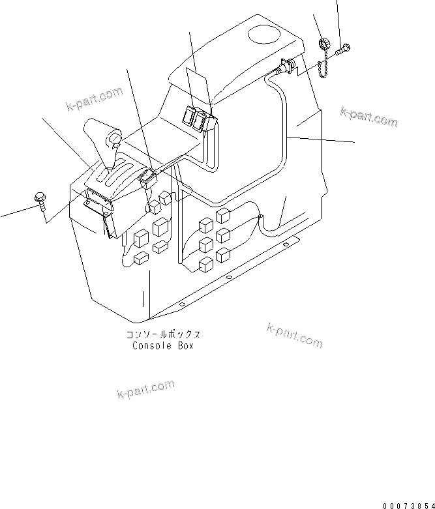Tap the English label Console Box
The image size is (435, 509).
(163, 346)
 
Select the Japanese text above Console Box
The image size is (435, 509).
(163, 335)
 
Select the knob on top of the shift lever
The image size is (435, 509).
(114, 139)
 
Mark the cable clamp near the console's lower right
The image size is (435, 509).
(260, 216)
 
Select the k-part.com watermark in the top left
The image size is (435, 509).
(94, 98)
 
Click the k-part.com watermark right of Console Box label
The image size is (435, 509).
(294, 335)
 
